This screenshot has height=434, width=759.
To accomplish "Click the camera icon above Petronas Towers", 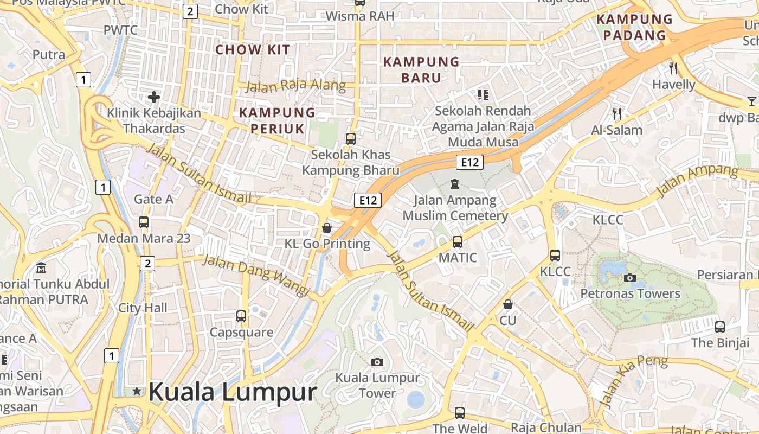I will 629,278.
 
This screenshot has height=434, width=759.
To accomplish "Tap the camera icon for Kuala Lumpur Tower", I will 377,362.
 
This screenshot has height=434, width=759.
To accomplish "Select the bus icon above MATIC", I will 458,241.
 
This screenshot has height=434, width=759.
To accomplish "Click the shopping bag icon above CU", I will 508,305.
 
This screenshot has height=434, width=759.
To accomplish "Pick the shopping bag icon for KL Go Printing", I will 326,228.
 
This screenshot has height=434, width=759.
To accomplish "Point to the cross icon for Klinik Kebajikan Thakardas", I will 154,98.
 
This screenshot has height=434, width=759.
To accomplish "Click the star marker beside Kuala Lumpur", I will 136,391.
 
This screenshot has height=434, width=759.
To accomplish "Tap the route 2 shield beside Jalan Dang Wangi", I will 147,264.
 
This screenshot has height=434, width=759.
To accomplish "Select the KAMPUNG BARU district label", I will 421,69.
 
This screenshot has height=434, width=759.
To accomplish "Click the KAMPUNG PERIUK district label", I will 277,120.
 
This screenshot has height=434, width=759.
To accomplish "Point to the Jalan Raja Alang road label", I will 295,86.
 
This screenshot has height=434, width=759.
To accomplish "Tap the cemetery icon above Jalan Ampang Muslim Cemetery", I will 455,184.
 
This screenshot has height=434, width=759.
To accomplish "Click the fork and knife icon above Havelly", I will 673,68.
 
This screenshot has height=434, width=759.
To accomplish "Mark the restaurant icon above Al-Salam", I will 616,114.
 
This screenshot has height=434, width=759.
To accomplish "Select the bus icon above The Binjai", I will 719,327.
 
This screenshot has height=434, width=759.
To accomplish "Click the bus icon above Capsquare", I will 241,316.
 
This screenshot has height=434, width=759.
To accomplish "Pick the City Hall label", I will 143,308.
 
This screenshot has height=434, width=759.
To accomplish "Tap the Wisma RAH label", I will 360,16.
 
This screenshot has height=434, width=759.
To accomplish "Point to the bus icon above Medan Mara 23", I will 144,222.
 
